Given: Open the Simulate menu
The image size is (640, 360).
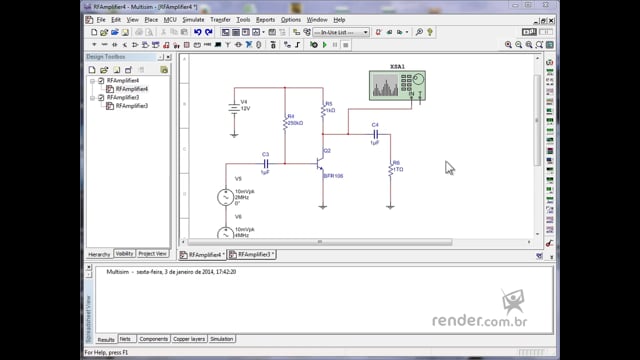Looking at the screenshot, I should tap(193, 19).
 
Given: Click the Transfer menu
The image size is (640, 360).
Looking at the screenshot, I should tap(220, 19).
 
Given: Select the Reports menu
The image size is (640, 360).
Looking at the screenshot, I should tap(265, 19).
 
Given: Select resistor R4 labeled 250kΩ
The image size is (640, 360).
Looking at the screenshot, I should tap(285, 122).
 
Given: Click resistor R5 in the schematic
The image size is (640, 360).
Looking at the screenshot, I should tap(322, 110).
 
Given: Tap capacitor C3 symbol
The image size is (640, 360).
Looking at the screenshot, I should tap(266, 164).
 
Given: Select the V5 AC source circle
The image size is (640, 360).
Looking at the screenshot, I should tap(225, 197).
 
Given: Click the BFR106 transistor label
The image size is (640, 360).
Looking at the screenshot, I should tap(333, 175).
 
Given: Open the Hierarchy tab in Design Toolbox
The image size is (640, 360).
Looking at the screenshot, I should tap(99, 254).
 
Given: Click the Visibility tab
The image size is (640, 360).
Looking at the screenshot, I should tap(124, 254).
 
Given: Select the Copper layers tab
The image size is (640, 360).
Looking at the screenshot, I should tap(188, 339).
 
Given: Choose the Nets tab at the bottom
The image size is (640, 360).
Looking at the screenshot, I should tap(125, 339).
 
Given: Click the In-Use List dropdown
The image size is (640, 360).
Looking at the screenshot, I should tap(340, 32).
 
